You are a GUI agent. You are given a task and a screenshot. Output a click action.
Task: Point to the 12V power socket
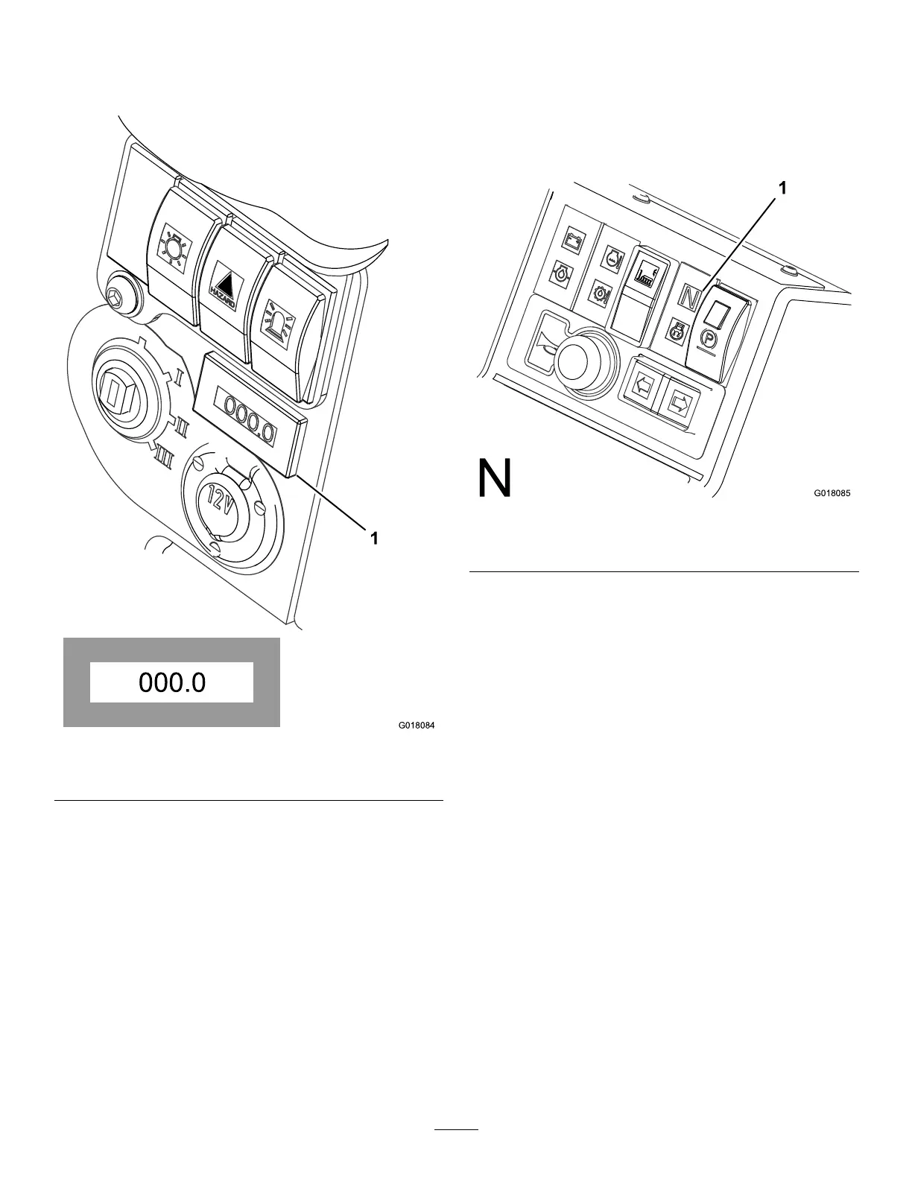coord(221,510)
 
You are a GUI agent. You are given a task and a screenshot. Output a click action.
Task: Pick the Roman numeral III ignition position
coord(164,454)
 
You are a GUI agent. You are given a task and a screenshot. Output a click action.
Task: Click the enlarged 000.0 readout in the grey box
coord(171,682)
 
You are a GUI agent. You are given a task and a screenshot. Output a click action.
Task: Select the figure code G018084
coord(417,725)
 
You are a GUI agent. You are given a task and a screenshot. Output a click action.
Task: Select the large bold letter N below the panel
coord(494,479)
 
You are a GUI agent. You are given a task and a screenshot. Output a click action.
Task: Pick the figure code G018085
coord(832,493)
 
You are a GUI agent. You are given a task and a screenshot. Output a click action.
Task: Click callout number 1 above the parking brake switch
coord(782,190)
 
